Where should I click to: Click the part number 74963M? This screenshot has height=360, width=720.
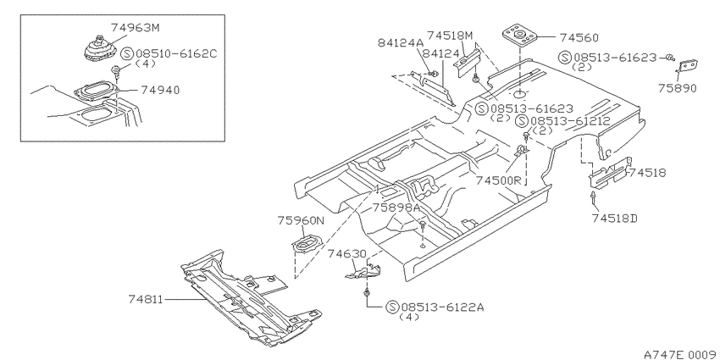click(135, 28)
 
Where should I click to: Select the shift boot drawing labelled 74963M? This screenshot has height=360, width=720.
click(100, 47)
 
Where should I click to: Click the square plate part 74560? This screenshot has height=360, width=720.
click(520, 35)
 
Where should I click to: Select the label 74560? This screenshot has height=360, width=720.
click(579, 37)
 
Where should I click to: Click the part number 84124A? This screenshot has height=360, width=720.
click(400, 42)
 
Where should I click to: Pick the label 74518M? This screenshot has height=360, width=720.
click(450, 36)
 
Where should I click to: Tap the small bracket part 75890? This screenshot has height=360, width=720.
click(688, 66)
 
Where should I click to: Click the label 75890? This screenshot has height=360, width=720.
click(678, 88)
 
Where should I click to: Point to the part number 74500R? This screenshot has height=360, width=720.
click(498, 180)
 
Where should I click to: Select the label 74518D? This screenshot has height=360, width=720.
click(615, 218)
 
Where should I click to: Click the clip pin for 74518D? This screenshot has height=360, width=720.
click(594, 197)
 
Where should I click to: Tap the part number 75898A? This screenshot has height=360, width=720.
click(396, 207)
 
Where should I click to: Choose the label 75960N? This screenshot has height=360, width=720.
click(301, 220)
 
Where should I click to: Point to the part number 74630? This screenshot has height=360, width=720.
click(346, 254)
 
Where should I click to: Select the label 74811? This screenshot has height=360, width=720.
click(145, 299)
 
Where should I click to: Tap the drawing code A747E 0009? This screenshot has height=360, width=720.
click(681, 354)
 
